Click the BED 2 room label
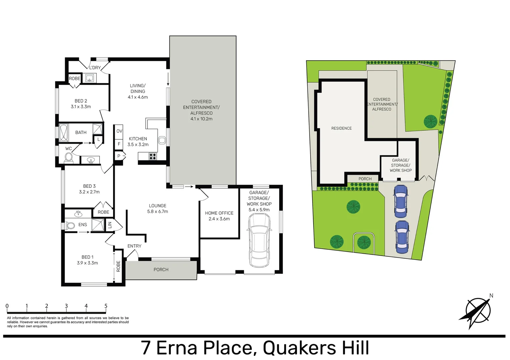(x=81, y=101)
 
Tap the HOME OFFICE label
(x=219, y=213)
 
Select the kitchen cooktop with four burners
(x=153, y=156)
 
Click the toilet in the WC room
(x=69, y=157)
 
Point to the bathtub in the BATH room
(x=63, y=133)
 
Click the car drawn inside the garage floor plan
(x=259, y=240)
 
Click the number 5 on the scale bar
(x=106, y=306)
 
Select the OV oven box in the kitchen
(x=119, y=131)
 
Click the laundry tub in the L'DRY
(x=89, y=78)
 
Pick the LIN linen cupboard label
(x=110, y=225)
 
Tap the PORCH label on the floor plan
(x=161, y=270)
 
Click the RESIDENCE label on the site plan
(x=341, y=128)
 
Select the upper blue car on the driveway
(x=401, y=201)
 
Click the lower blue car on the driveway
(x=402, y=237)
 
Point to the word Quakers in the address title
(x=299, y=348)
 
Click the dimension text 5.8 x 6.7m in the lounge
(x=157, y=212)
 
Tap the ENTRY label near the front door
(x=134, y=246)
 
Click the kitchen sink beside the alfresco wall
(x=162, y=140)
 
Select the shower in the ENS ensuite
(x=98, y=225)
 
